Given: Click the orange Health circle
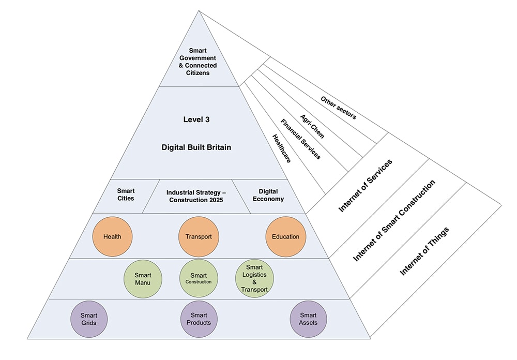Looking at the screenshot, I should click(112, 237).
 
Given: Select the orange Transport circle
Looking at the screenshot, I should click(199, 237).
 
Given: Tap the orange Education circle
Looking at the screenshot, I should click(285, 237).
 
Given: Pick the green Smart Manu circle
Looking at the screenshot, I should click(143, 279).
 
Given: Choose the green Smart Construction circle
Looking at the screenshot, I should click(199, 279).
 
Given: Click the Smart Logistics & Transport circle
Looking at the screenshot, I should click(254, 279).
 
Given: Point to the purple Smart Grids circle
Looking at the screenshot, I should click(88, 319).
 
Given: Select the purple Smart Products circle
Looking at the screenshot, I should click(199, 319).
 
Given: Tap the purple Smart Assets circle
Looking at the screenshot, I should click(308, 319).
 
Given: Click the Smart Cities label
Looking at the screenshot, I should click(126, 194).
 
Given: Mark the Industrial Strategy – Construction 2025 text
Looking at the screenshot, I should click(195, 196).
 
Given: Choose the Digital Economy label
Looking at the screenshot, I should click(268, 194).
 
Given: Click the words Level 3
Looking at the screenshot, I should click(196, 119).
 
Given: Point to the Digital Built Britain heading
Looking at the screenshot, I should click(196, 147).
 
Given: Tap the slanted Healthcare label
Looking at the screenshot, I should click(281, 149).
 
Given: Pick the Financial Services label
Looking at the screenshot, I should click(300, 139).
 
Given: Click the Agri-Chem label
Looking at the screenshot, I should click(312, 126).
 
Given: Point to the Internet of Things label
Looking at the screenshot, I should click(424, 251).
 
